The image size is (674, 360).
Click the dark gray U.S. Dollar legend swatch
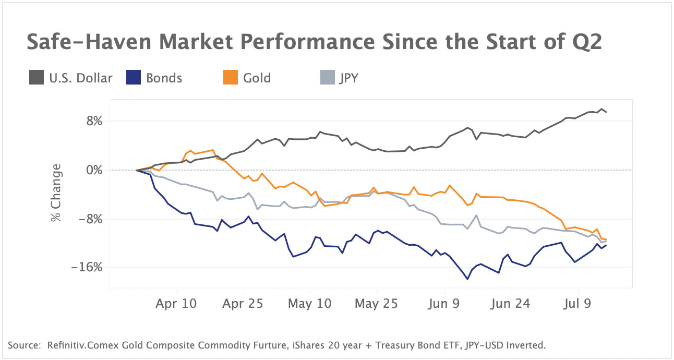coord(37,78)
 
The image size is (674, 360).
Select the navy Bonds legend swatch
coord(134,78)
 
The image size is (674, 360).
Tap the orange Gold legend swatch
coord(231,78)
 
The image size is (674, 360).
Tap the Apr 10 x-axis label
coord(177,304)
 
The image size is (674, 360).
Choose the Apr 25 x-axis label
coord(244,304)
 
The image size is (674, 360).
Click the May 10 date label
coord(310,304)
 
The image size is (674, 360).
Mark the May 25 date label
coord(377,304)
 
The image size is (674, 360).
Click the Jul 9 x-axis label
coord(578,304)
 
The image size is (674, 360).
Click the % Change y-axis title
coord(56,193)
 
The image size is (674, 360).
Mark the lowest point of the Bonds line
coord(467,279)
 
